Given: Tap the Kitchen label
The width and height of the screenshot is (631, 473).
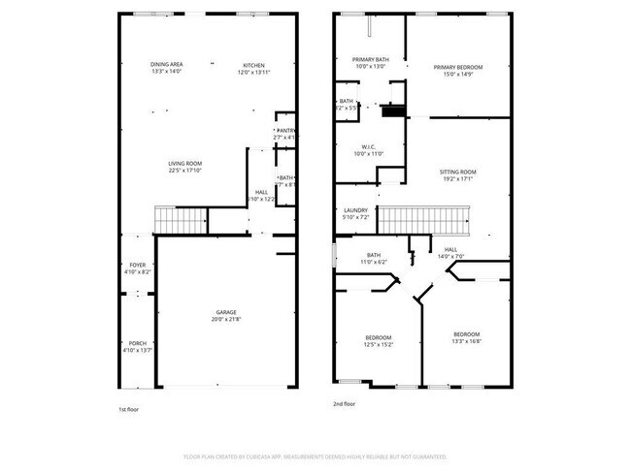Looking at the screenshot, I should tap(253, 64).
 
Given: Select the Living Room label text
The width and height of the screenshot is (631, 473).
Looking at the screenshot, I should tap(184, 163).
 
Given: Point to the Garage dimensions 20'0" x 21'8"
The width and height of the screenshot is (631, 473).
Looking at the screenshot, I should tap(227, 319).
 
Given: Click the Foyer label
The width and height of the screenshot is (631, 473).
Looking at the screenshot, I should tap(137, 265).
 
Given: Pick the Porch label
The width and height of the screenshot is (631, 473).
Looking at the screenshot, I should tap(137, 343).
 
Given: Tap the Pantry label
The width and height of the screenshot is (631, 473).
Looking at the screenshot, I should tap(285, 130).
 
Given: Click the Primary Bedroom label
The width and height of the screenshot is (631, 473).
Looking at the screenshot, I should tap(458, 67).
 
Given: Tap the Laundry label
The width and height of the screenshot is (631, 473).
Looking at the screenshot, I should tap(355, 210).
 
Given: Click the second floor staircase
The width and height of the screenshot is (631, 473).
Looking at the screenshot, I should tap(422, 220).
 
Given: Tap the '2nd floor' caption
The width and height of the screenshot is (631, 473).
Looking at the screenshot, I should tap(344, 404).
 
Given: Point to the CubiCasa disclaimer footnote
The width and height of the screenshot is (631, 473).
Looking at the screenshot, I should tap(315, 456).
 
